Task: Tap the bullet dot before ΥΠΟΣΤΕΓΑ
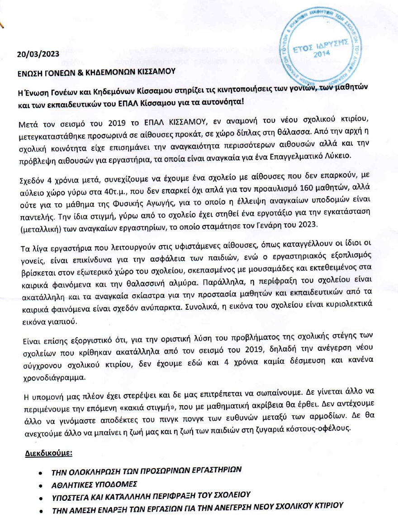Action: pyautogui.click(x=41, y=495)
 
